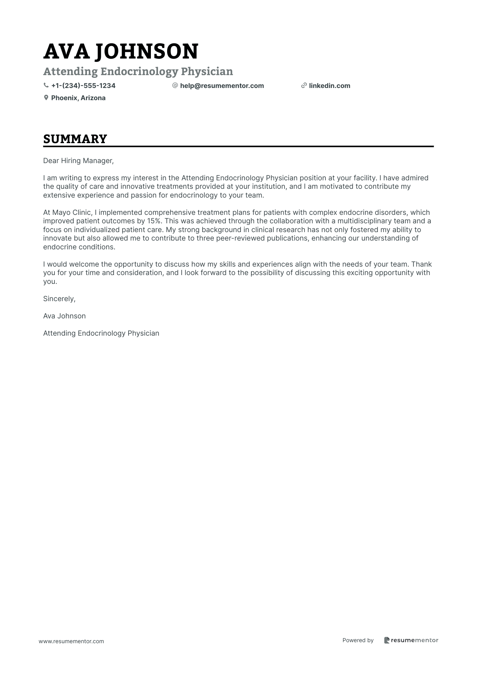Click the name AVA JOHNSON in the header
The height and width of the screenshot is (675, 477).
[121, 51]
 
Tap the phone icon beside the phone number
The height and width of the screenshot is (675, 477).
[46, 86]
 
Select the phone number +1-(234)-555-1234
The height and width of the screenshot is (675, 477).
[83, 86]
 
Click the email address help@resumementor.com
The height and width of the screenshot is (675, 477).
[222, 86]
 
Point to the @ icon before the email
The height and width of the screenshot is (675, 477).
[175, 86]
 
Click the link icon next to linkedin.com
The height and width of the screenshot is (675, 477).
[304, 86]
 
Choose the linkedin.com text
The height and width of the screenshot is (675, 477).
[330, 86]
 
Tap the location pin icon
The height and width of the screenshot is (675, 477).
[46, 98]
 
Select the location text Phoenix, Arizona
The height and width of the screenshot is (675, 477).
[78, 98]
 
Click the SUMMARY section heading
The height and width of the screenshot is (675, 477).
[75, 139]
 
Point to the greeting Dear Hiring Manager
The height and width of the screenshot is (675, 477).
[78, 161]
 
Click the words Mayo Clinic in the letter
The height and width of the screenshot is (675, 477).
[71, 212]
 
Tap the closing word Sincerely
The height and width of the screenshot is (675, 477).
[59, 299]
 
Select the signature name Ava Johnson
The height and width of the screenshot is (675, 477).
[64, 316]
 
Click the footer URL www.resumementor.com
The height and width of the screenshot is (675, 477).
[71, 641]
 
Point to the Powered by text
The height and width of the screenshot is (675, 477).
[358, 640]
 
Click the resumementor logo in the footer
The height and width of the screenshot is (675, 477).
[411, 640]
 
